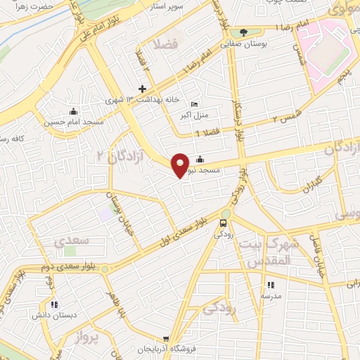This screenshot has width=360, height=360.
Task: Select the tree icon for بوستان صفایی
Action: [243, 32]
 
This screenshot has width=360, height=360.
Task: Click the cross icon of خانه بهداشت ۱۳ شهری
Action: [143, 89]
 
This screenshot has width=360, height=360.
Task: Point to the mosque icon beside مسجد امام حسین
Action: [73, 112]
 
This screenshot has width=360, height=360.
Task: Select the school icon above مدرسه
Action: [270, 285]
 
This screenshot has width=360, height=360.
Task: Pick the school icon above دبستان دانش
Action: [53, 304]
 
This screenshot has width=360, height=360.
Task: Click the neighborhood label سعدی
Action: [71, 240]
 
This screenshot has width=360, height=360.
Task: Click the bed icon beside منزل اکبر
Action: [194, 105]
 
